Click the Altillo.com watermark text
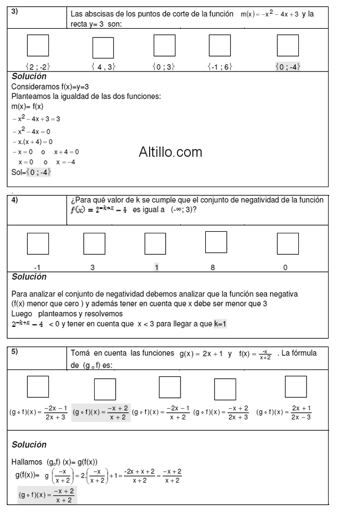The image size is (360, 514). (170, 152)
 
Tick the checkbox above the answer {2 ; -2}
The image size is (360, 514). (38, 46)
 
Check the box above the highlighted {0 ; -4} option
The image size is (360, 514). (287, 46)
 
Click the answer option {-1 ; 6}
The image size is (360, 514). (219, 66)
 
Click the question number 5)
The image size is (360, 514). (15, 351)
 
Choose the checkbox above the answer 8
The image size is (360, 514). (216, 243)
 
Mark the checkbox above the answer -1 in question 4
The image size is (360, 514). (38, 244)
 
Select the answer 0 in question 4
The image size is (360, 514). (285, 267)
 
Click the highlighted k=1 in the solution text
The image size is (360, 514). (221, 324)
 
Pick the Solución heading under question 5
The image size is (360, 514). (29, 444)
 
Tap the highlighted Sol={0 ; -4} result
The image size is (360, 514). (31, 173)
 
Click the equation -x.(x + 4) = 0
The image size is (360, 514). (32, 141)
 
